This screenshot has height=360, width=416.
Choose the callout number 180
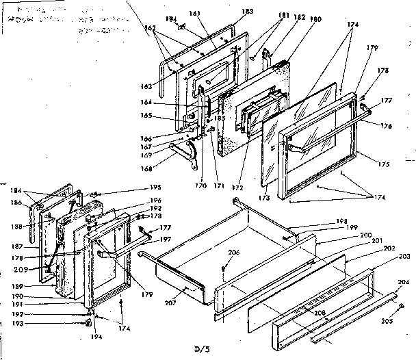(297, 19)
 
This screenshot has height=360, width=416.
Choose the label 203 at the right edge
(403, 257)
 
